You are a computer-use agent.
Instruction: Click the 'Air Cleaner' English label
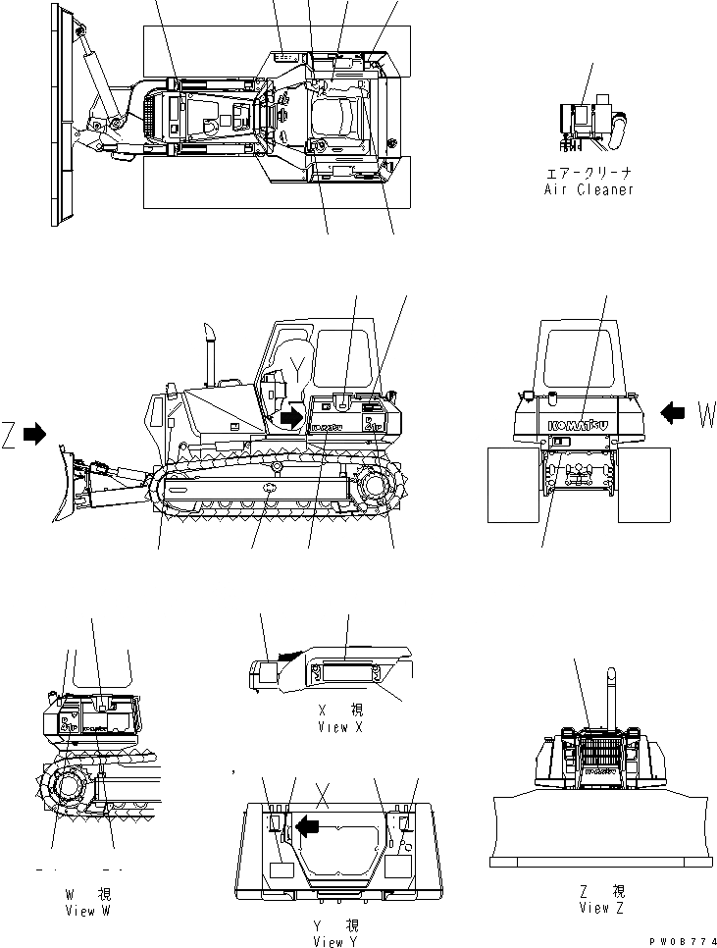[x=589, y=189]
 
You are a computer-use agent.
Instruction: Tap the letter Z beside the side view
[x=10, y=433]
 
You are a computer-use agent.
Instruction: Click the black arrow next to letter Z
[x=35, y=433]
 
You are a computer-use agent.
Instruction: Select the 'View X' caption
[x=340, y=727]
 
